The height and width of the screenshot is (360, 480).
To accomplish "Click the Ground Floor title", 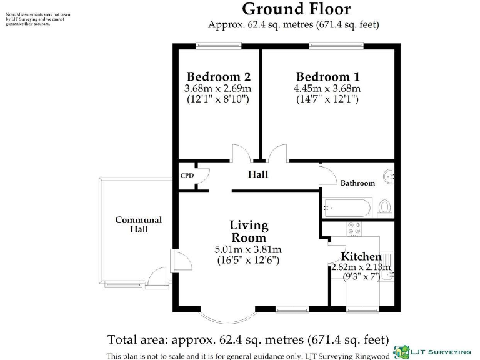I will pyautogui.click(x=296, y=9).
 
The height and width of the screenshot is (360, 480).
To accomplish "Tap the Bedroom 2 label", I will pyautogui.click(x=219, y=77).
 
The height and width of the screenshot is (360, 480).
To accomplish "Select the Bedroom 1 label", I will pyautogui.click(x=327, y=77).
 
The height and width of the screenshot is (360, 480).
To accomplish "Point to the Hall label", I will pyautogui.click(x=258, y=174).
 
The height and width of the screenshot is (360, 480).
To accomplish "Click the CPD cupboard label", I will pyautogui.click(x=187, y=176).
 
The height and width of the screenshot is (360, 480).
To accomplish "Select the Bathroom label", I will pyautogui.click(x=357, y=183).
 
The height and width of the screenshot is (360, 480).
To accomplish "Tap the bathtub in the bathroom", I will pyautogui.click(x=347, y=206).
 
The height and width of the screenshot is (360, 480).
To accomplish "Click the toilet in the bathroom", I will pyautogui.click(x=384, y=207).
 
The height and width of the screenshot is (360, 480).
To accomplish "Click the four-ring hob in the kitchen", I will pyautogui.click(x=355, y=229).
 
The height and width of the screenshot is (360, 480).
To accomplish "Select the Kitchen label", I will pyautogui.click(x=361, y=257).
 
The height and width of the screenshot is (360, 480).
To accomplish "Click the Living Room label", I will pyautogui.click(x=249, y=231).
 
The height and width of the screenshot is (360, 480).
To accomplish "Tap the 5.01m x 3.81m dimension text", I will pyautogui.click(x=249, y=250).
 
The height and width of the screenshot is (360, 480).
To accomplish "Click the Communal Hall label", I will pyautogui.click(x=139, y=225).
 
